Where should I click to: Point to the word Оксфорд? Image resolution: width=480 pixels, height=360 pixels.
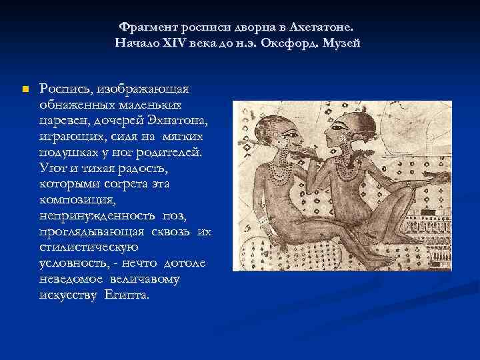click(299, 43)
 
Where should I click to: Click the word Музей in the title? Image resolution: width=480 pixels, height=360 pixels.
click(345, 43)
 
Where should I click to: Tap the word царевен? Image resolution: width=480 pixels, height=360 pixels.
click(62, 120)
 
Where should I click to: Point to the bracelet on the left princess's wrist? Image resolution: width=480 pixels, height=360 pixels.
click(264, 221)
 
